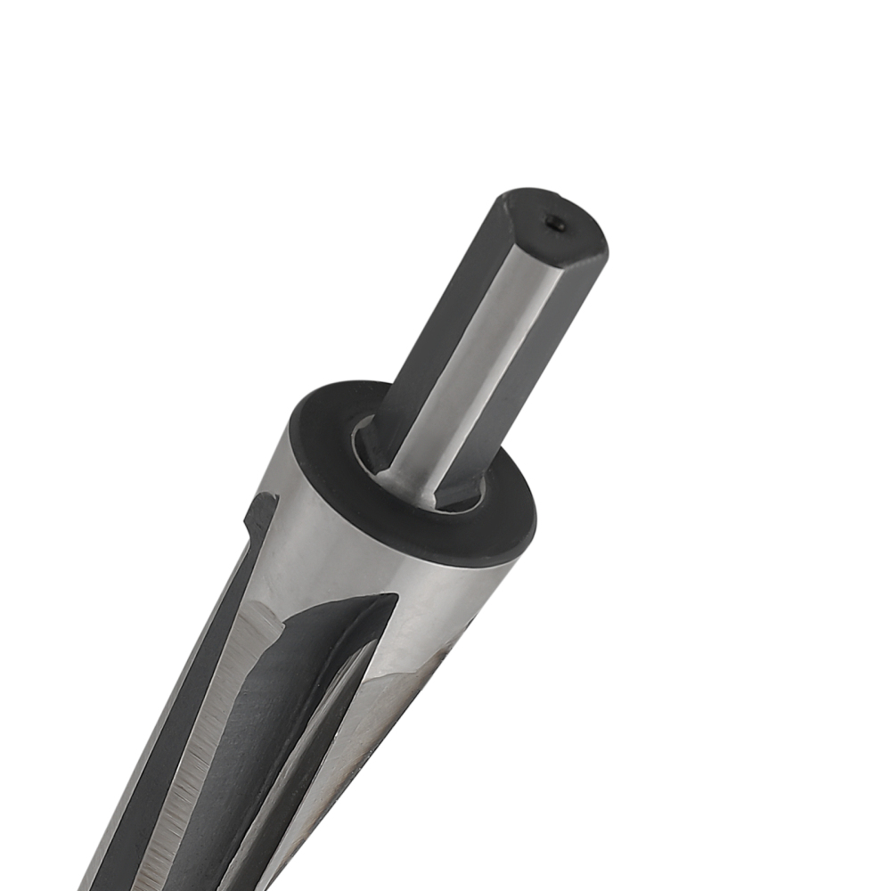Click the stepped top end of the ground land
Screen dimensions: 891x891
264,615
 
